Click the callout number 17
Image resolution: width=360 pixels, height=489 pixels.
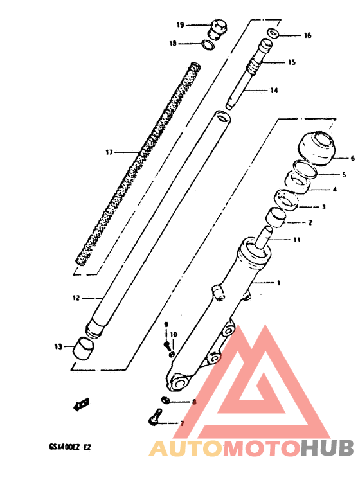click(109, 152)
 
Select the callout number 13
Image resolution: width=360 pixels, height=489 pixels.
click(58, 347)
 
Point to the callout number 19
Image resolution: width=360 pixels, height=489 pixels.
click(180, 25)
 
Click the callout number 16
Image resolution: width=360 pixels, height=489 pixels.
click(307, 35)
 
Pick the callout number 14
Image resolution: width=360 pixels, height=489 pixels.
click(274, 91)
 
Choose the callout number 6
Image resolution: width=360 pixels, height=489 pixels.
click(352, 157)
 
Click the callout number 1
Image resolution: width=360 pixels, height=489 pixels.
click(278, 283)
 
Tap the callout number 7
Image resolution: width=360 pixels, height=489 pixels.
click(181, 423)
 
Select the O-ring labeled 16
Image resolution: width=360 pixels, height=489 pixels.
click(273, 33)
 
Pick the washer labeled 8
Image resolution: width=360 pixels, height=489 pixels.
click(165, 401)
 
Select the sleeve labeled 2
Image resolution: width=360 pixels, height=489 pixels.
click(277, 218)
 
